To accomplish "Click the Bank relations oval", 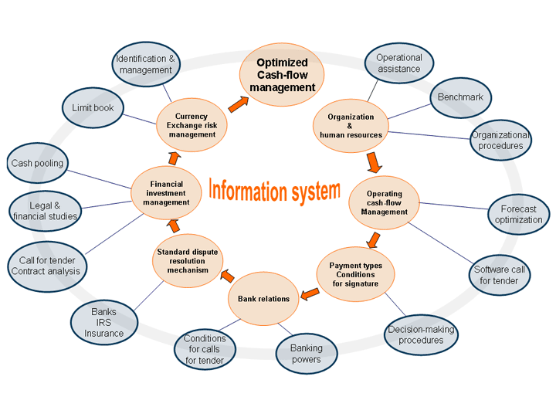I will pos(263,298).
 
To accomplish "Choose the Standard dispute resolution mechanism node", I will pos(188,261).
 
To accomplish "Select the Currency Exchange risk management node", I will pos(192,125).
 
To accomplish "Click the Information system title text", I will pos(274,189).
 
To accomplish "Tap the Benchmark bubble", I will pos(459,97).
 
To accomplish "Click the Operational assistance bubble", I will pos(398,63).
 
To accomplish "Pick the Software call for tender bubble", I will pos(499,275).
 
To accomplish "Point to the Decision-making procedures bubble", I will pos(421,334).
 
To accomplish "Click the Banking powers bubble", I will pos(306,354).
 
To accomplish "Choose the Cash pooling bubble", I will pos(37,164).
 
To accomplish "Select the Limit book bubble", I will pos(93,108).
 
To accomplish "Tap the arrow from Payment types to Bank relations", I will pos(310,293).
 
